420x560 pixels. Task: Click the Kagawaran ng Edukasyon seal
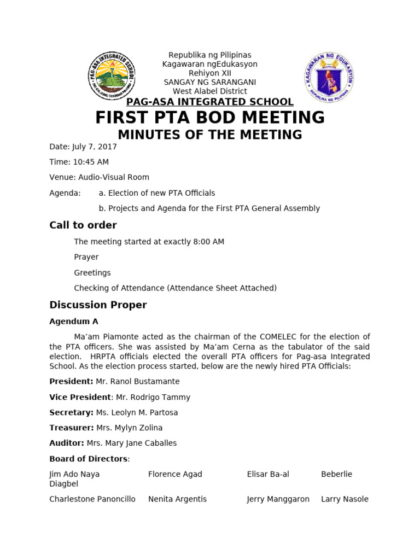pyautogui.click(x=329, y=77)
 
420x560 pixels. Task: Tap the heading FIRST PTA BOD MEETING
pyautogui.click(x=210, y=117)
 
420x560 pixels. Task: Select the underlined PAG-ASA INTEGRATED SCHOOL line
pyautogui.click(x=210, y=102)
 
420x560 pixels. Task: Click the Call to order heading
pyautogui.click(x=83, y=225)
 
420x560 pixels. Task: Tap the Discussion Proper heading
pyautogui.click(x=98, y=305)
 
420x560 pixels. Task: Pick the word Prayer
pyautogui.click(x=86, y=257)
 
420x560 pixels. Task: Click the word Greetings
pyautogui.click(x=92, y=272)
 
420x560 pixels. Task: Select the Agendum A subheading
pyautogui.click(x=74, y=322)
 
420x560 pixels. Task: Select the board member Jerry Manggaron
pyautogui.click(x=278, y=499)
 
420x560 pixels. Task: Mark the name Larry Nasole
pyautogui.click(x=345, y=499)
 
